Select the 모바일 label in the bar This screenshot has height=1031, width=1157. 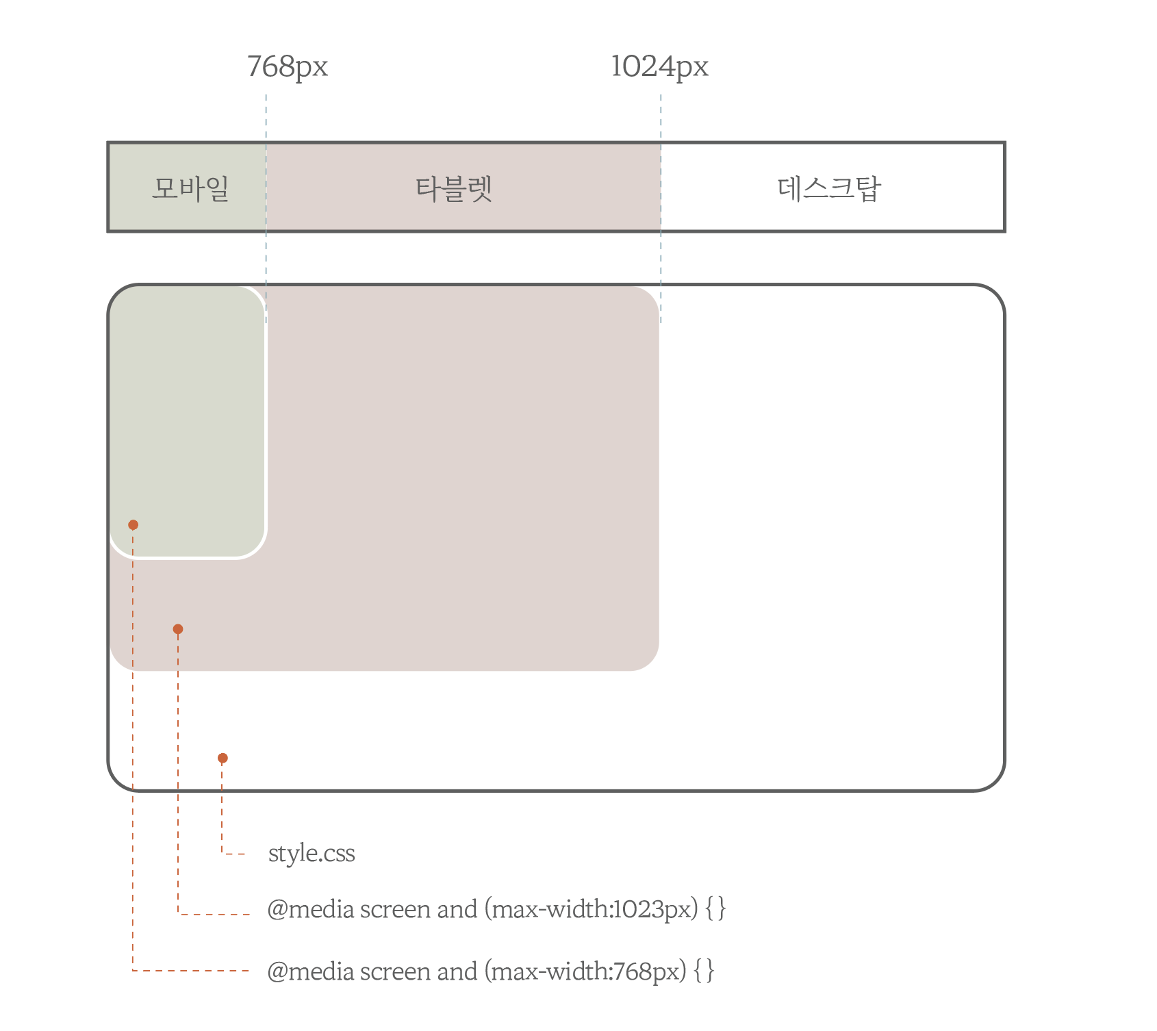click(190, 188)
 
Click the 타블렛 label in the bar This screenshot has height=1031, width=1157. click(454, 188)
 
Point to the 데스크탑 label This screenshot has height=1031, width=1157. click(829, 188)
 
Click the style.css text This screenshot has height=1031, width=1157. click(311, 854)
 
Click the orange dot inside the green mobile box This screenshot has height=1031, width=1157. click(133, 525)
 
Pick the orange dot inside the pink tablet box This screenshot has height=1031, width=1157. click(178, 629)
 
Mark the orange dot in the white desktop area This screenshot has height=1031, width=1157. click(222, 758)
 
